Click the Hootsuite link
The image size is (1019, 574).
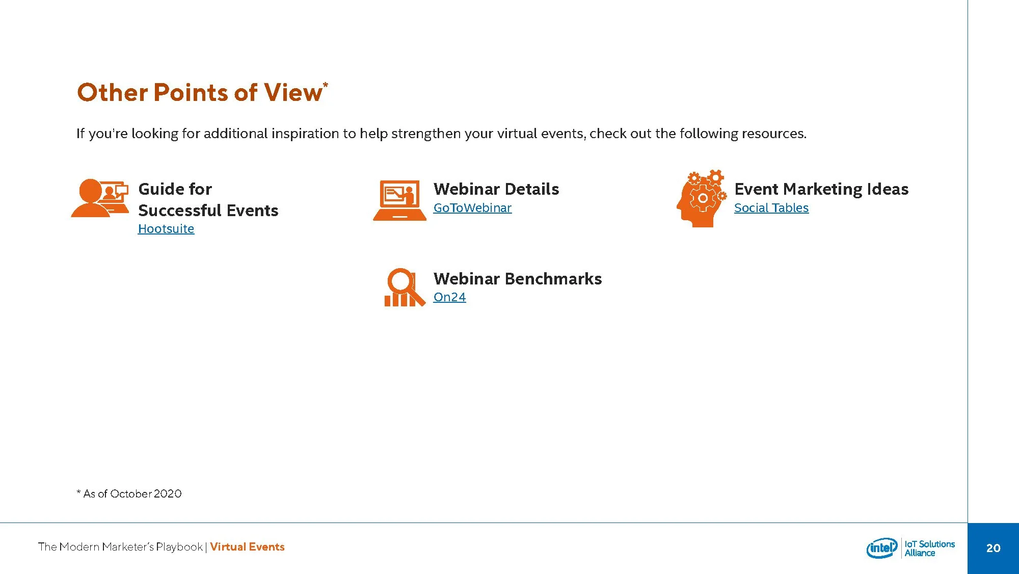pos(166,229)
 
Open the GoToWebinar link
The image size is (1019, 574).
pos(472,208)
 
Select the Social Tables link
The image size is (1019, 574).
pos(771,208)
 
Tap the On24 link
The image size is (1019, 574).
pos(449,297)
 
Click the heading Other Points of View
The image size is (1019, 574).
pos(199,93)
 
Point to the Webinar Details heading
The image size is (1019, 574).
pos(496,189)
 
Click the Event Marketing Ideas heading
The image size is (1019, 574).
pos(821,189)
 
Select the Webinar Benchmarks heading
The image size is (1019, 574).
pos(517,279)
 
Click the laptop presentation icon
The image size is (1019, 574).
pos(399,200)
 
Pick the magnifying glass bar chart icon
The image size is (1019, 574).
pos(404,288)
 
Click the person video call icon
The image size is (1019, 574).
pos(100,198)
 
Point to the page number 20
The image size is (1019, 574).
pos(993,548)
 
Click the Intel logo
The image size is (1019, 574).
pos(881,548)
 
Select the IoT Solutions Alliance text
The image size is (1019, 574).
pos(929,549)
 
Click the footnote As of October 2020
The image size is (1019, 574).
pos(129,493)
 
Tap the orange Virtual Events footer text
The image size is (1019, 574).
pos(247,547)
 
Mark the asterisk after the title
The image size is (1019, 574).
pos(326,85)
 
